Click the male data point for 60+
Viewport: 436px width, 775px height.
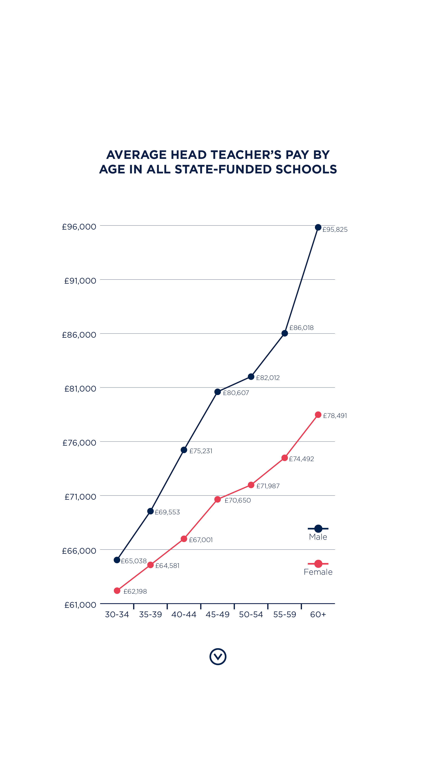point(318,227)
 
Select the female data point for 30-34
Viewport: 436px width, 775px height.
point(117,591)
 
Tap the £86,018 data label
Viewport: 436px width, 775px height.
point(301,328)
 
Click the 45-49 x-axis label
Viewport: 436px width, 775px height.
point(217,614)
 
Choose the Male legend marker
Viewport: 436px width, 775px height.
point(318,528)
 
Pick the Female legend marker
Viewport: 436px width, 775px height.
point(318,563)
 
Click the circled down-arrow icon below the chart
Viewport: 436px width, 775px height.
point(218,656)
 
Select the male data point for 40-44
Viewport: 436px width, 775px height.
point(184,450)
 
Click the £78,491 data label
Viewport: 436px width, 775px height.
point(335,415)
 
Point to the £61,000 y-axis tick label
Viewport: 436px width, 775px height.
point(80,605)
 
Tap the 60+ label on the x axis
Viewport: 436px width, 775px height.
point(318,614)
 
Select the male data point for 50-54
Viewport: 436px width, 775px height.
point(251,377)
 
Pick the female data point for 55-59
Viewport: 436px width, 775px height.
point(285,458)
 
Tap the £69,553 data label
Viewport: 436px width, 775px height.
point(167,512)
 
